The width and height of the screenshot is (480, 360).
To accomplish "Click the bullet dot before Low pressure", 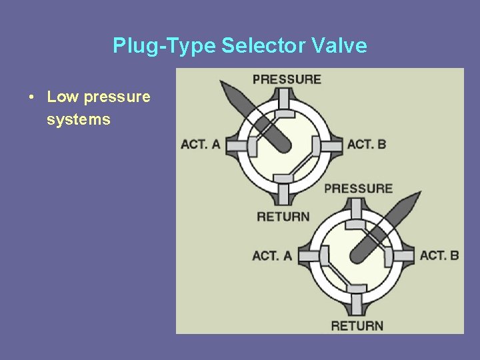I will click(32, 97).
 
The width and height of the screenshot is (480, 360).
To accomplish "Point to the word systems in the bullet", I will click(79, 120).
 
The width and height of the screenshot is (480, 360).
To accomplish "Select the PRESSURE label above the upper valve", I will click(287, 79).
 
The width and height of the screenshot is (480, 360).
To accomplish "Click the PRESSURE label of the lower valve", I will click(358, 188).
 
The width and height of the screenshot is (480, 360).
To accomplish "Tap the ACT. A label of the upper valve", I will click(200, 144).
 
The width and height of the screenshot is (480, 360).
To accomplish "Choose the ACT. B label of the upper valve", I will click(367, 144).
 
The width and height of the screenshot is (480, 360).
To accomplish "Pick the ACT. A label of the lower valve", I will click(272, 255).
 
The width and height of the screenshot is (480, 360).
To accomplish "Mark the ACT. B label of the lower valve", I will click(439, 255).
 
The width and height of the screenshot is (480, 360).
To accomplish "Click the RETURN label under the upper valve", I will click(283, 216).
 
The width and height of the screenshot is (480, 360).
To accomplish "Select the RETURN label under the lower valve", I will click(357, 325).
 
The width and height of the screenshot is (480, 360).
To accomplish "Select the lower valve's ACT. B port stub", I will click(404, 255).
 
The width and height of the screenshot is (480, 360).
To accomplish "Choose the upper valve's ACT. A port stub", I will click(234, 144).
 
